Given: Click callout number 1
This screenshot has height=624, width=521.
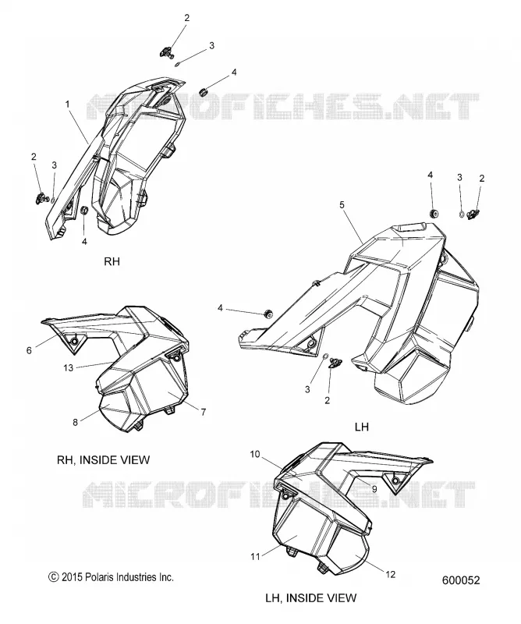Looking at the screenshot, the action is coord(67,105).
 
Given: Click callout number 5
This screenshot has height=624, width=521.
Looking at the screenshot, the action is coord(342,205).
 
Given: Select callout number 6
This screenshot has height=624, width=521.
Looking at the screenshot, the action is coord(29,350).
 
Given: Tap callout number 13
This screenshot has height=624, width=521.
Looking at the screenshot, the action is coord(69,367).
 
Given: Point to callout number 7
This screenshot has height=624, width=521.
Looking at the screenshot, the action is coord(204,412).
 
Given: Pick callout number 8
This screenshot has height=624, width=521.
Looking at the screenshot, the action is coord(75,422).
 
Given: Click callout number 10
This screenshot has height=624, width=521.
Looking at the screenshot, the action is coord(255,454).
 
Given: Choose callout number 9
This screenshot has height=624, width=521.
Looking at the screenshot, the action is coord(374,489).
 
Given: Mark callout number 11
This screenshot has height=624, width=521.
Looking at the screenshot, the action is coord(255,556).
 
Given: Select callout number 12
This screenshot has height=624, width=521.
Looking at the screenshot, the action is coord(391,574).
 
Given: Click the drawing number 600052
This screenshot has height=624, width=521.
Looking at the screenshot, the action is coord(461,580).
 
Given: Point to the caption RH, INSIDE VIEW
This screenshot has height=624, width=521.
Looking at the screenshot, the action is coord(104,460).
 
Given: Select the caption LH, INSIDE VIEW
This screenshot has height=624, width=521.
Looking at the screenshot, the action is coord(311,597).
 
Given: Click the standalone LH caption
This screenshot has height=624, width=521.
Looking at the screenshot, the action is coord(361,427).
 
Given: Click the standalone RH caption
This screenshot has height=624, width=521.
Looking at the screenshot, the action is coord(112,261).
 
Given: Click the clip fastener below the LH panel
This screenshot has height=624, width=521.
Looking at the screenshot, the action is coord(335,363).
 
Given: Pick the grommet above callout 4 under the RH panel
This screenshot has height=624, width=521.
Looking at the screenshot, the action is coord(84,210).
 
